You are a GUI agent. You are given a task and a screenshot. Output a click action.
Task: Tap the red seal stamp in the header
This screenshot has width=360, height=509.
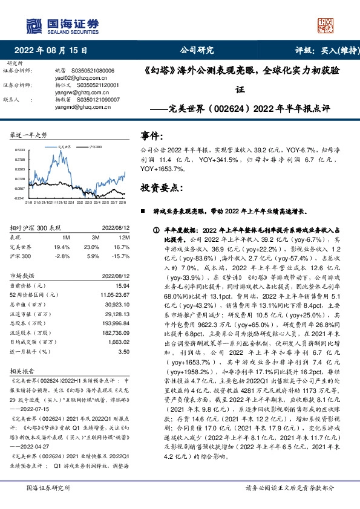point(327,25)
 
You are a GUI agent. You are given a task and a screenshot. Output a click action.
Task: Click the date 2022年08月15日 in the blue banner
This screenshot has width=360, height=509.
point(54,51)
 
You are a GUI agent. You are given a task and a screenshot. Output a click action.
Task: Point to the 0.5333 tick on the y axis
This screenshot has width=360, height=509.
point(19,150)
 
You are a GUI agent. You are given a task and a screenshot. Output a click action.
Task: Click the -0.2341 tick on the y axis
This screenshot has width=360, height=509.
point(19,198)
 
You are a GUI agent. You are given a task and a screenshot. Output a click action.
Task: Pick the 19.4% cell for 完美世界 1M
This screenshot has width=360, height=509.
point(62,247)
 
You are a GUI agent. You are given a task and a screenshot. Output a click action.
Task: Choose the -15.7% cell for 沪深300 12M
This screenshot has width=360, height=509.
point(121,256)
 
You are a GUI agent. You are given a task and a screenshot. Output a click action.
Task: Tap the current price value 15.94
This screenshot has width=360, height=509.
point(123,284)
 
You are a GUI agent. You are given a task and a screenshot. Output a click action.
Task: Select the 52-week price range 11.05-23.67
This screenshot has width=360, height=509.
point(115,293)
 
